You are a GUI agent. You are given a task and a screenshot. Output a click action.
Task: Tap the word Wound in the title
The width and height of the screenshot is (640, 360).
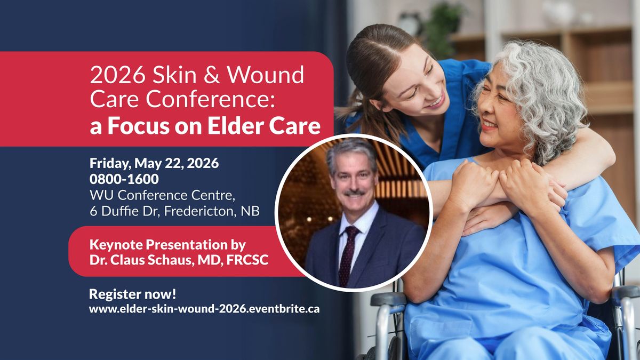[x=266, y=75]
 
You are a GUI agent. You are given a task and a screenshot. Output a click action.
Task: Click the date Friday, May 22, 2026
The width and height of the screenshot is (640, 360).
[x=154, y=163]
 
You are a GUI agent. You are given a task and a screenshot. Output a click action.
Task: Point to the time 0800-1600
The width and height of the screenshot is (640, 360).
[x=124, y=179]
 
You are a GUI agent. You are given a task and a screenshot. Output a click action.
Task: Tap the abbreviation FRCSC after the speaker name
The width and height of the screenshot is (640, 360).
[x=247, y=260]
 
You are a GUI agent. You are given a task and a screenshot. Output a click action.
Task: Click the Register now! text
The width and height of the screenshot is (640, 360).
[x=133, y=294]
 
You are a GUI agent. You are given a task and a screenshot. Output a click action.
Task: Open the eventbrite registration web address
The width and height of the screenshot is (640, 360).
[x=204, y=309]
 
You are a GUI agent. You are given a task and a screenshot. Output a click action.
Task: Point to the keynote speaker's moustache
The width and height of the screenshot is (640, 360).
[x=354, y=193]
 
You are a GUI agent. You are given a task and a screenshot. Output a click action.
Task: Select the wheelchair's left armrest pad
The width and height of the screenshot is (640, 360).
[x=388, y=299]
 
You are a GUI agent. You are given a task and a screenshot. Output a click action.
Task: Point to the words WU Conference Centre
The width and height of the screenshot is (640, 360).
[x=162, y=195]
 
